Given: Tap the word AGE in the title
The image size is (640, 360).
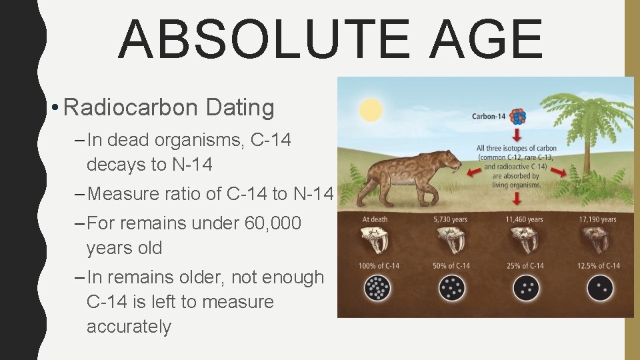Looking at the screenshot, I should click(486, 40).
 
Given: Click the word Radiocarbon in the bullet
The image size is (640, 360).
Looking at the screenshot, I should click(131, 107).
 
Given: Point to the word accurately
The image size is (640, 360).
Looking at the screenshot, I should click(129, 327).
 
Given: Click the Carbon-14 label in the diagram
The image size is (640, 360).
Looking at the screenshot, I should click(489, 117).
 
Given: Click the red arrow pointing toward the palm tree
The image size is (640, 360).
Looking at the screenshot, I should click(559, 172).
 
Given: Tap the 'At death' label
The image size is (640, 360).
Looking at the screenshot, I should click(375, 219).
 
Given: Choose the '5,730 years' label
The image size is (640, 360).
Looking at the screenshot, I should click(450, 219).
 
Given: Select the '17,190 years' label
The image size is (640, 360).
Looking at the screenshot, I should click(598, 219).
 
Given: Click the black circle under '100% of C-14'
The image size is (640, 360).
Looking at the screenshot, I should click(378, 288).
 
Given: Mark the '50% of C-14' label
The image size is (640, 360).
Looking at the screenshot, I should click(451, 266).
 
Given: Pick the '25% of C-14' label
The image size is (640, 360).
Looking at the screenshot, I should click(525, 266).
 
